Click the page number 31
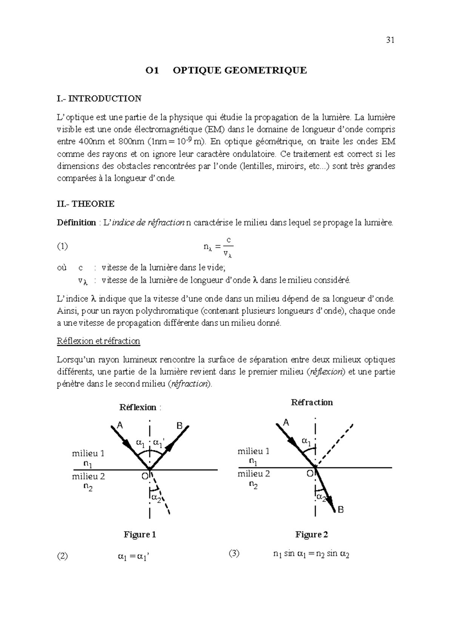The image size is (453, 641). tap(390, 41)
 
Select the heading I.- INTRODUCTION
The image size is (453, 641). tap(99, 99)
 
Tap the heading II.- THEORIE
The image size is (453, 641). tap(86, 204)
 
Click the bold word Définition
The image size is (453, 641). tap(76, 223)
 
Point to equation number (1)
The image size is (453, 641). tap(62, 247)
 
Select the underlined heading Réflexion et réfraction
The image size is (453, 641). tap(99, 341)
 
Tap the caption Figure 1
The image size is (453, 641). tap(140, 535)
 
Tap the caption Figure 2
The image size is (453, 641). tap(311, 535)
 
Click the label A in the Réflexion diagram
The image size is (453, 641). tap(120, 425)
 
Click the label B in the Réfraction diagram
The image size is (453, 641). tap(341, 510)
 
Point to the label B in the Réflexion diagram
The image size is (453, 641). tap(180, 426)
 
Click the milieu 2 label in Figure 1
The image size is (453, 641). tap(88, 476)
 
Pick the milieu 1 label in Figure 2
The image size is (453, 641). tap(254, 451)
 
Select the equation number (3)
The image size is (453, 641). tap(234, 554)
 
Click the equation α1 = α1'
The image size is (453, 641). tap(134, 556)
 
